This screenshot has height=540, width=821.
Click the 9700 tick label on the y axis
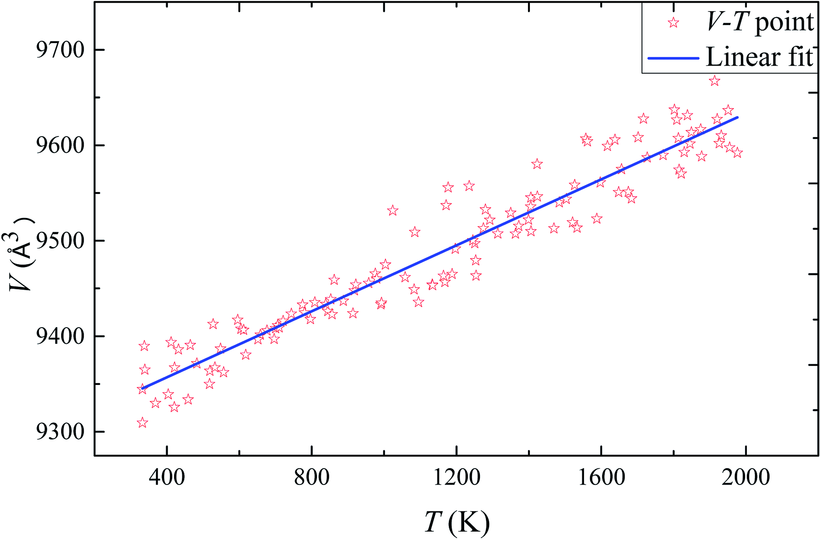(x=61, y=50)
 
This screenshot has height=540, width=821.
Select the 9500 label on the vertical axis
(x=61, y=241)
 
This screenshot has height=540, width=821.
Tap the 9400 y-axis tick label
(x=61, y=336)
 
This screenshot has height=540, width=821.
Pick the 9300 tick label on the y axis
(x=61, y=432)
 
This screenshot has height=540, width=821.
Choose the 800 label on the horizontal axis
(x=312, y=476)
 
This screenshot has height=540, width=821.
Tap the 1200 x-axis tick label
(x=456, y=476)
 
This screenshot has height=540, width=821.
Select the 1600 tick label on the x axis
(x=601, y=476)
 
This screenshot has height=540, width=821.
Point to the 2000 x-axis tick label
(x=746, y=476)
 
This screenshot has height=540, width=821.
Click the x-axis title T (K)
(x=456, y=522)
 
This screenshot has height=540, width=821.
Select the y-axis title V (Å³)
(x=20, y=254)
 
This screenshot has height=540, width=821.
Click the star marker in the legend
(x=673, y=22)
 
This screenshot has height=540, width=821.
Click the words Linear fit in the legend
(x=759, y=57)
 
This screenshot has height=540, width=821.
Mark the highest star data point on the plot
(x=715, y=81)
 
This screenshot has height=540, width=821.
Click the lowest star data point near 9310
(x=143, y=422)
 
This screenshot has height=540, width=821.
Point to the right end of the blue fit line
(x=738, y=118)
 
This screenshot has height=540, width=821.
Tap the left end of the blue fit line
(x=142, y=388)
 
